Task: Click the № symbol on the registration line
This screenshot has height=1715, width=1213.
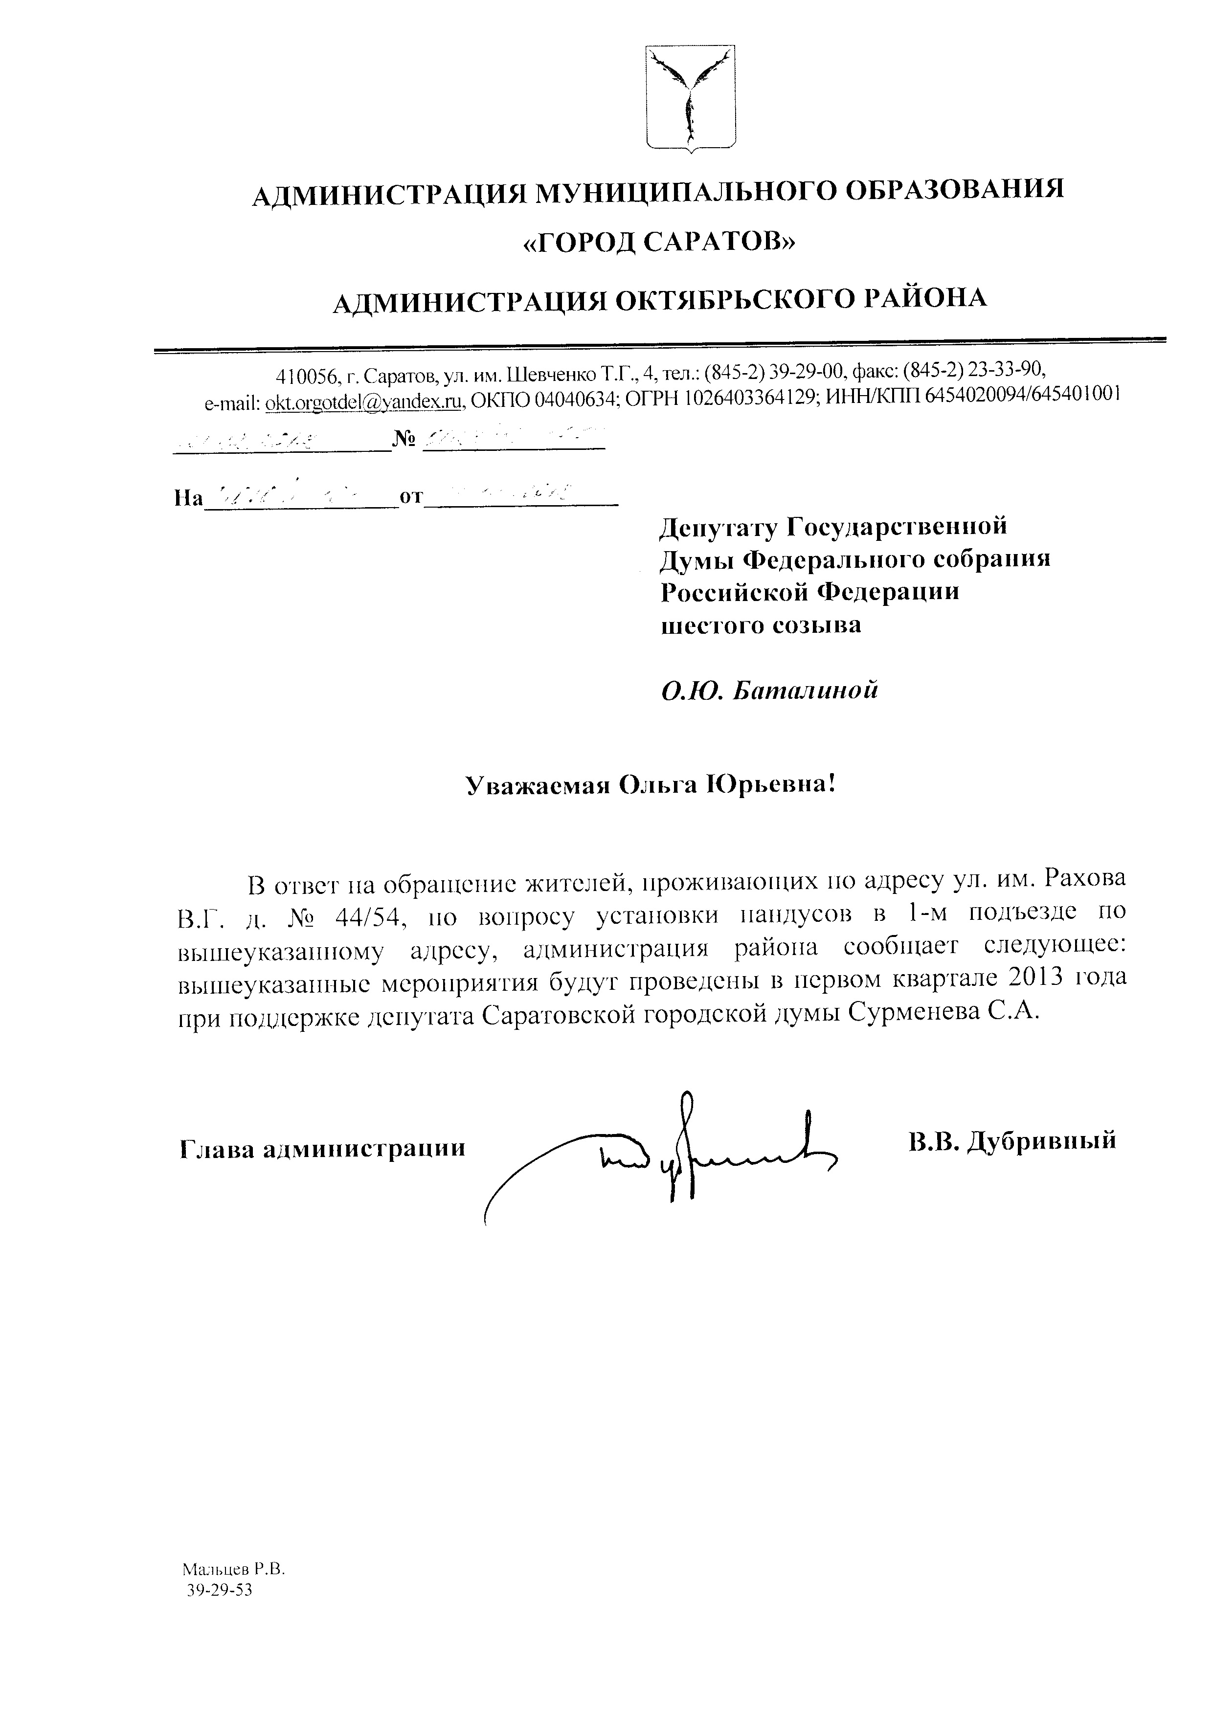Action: point(404,439)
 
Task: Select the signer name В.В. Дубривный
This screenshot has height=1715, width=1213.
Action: point(1012,1140)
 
